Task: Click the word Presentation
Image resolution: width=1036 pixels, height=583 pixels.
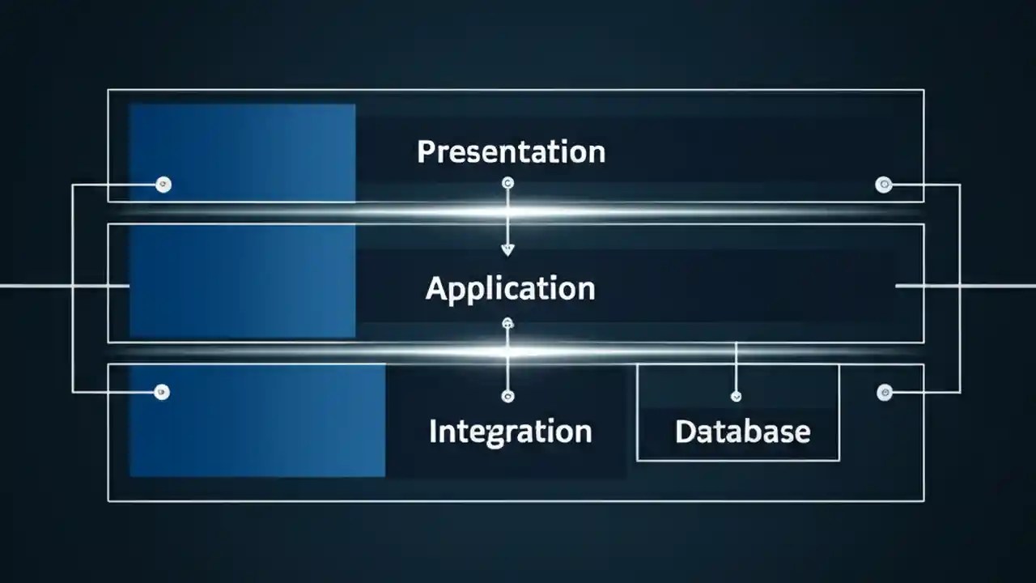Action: pos(511,152)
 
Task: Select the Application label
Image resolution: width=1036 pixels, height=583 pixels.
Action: pos(510,289)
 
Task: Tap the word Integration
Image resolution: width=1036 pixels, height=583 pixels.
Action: pos(510,431)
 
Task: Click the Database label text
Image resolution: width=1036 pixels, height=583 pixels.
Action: pos(742,432)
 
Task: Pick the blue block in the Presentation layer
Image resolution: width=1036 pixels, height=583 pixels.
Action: pos(242,152)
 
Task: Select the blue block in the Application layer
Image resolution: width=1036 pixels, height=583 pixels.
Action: pos(242,281)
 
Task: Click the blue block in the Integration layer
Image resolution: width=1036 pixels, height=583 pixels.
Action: pos(257,420)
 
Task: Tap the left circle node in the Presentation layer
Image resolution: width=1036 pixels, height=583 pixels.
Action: pos(163,185)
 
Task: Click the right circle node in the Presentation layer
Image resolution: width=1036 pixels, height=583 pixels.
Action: pos(884,185)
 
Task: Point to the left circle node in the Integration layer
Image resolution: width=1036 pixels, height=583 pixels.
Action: pos(162,393)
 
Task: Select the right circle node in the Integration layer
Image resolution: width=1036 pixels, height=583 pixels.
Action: pos(885,393)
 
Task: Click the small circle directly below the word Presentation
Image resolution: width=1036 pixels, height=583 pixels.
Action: pos(507,184)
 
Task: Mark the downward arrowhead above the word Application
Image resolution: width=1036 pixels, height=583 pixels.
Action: pos(507,249)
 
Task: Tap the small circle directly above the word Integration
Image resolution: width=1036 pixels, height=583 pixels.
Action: pos(507,396)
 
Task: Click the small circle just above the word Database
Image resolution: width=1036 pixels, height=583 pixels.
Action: pos(736,396)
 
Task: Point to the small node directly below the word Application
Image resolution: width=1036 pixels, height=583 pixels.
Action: pos(507,324)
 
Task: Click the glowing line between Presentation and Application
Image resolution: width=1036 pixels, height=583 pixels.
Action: pos(518,213)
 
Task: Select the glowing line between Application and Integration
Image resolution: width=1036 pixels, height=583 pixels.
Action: pos(518,352)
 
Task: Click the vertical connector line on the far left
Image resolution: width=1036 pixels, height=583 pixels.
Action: pos(73,288)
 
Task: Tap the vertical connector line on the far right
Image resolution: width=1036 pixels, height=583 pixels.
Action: pos(960,288)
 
